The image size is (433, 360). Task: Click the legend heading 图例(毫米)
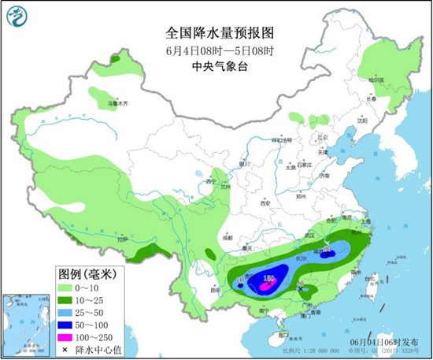click(87, 275)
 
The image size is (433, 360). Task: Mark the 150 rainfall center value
click(268, 278)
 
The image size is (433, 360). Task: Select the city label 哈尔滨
click(379, 80)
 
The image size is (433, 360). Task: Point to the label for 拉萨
click(122, 238)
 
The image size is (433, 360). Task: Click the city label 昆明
click(215, 289)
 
